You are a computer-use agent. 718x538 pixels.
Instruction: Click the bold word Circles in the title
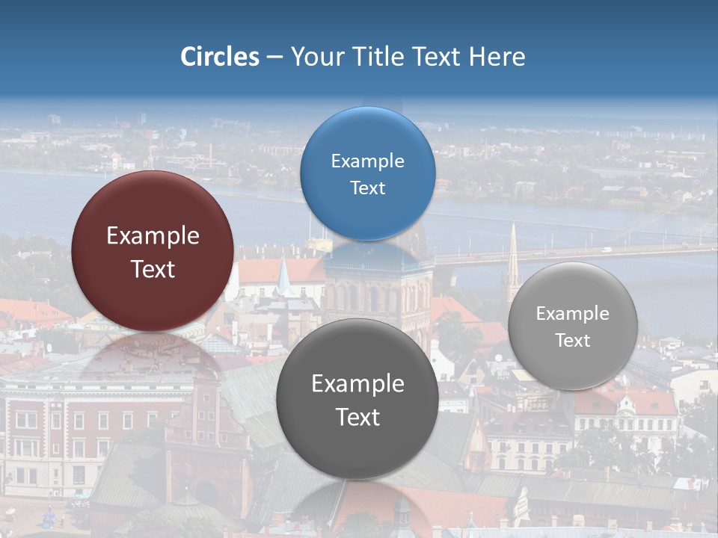(219, 57)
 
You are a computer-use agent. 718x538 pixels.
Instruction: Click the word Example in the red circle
(153, 236)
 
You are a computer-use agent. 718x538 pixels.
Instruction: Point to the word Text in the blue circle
(367, 188)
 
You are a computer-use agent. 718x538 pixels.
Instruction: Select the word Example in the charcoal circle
(358, 384)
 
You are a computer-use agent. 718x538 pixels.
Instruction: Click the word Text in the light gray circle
(572, 340)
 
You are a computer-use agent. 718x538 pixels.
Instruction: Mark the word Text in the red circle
(153, 269)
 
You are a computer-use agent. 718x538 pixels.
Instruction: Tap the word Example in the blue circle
(367, 161)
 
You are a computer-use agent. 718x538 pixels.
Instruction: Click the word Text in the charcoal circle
(358, 417)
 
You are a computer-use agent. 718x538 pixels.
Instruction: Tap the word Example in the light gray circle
(572, 314)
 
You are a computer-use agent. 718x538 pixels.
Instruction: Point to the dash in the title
(274, 57)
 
